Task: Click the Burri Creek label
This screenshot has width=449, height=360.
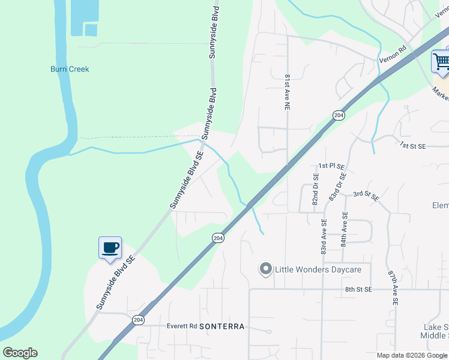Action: tap(70, 69)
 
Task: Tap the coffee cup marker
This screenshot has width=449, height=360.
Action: tap(110, 248)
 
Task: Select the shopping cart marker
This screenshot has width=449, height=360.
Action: tap(441, 61)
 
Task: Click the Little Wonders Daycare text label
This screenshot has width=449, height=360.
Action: tap(318, 269)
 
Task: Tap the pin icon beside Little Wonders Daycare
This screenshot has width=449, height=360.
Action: tap(265, 269)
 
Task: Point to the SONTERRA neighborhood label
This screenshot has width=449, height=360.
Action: tap(221, 326)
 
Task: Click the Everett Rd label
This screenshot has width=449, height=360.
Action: tap(181, 326)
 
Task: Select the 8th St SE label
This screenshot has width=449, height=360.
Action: tap(359, 289)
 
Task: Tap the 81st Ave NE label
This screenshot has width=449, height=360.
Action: tap(288, 92)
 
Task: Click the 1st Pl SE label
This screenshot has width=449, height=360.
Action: tap(331, 166)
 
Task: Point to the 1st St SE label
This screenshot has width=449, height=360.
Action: tap(413, 146)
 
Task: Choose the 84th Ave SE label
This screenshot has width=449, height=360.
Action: tap(344, 229)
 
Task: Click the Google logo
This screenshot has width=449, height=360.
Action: tap(20, 353)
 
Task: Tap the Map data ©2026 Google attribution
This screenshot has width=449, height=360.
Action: tap(412, 355)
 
